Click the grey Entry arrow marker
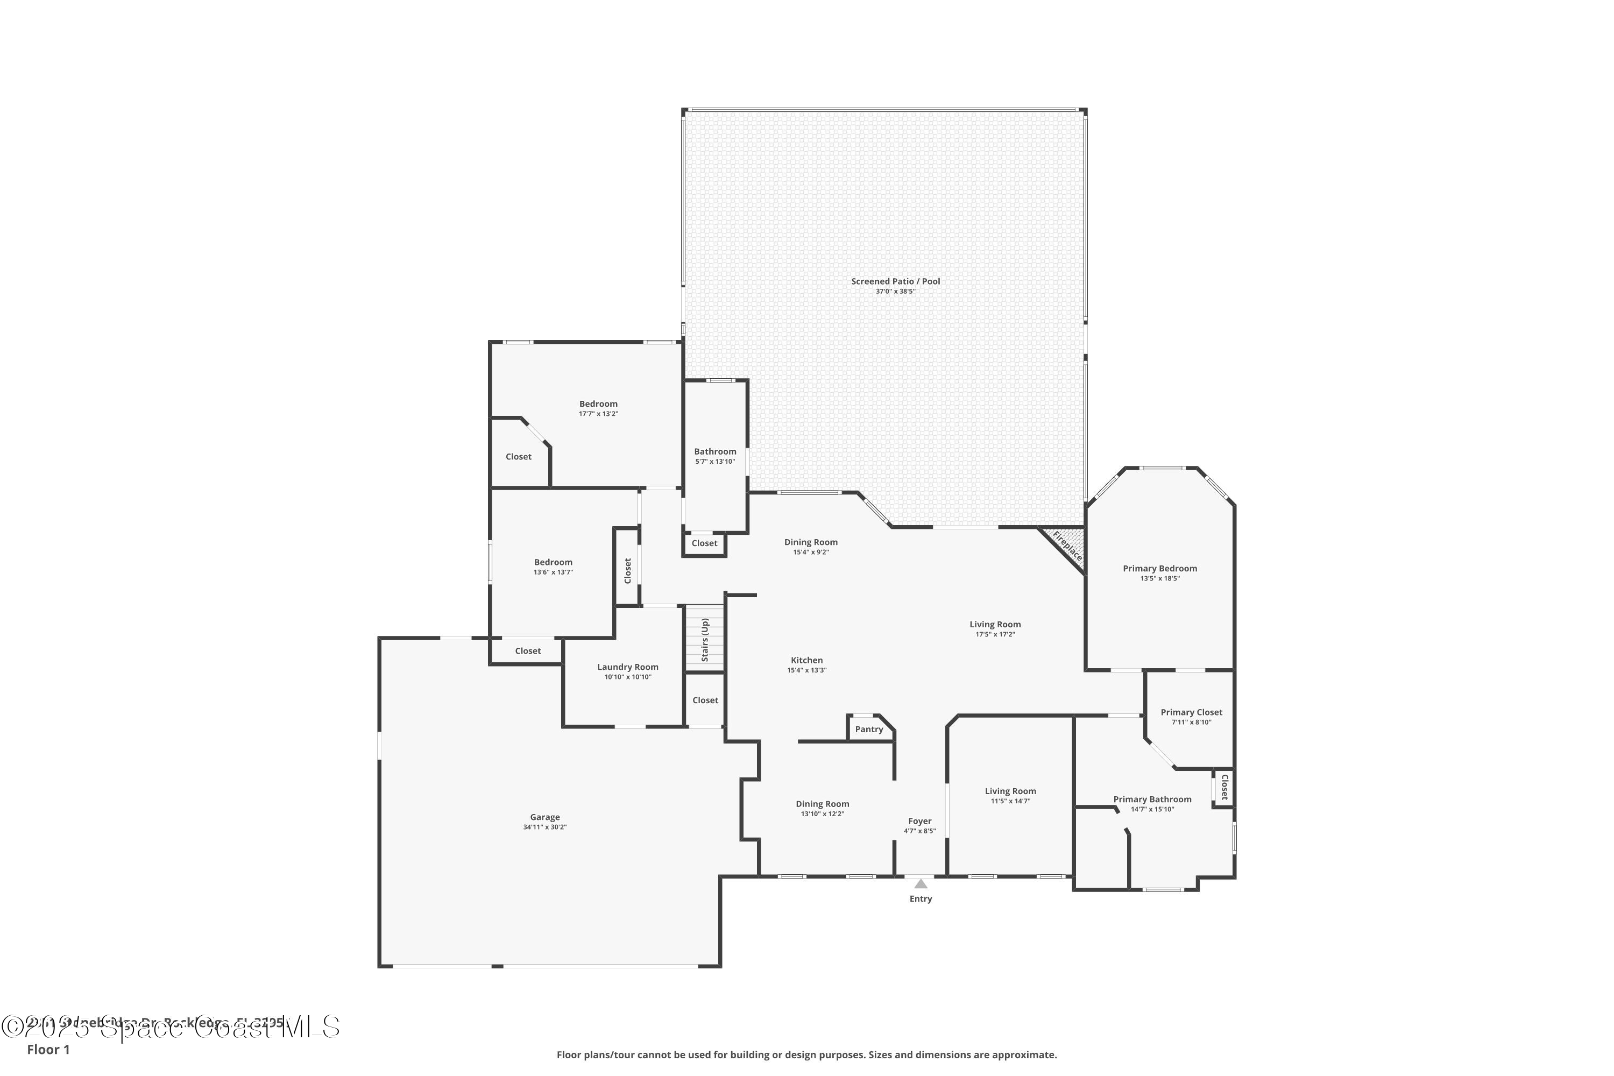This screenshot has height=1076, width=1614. pyautogui.click(x=920, y=884)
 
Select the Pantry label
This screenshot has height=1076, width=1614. pyautogui.click(x=869, y=730)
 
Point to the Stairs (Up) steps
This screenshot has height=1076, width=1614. pyautogui.click(x=705, y=640)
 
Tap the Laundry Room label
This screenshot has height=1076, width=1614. pyautogui.click(x=627, y=667)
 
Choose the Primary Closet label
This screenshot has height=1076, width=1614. pyautogui.click(x=1191, y=712)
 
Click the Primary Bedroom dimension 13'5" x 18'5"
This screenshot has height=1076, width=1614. pyautogui.click(x=1160, y=578)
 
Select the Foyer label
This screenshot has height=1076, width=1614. pyautogui.click(x=919, y=821)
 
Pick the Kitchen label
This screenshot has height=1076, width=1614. pyautogui.click(x=806, y=660)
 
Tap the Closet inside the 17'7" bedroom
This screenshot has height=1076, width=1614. pyautogui.click(x=518, y=457)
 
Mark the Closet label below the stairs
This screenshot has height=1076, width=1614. pyautogui.click(x=705, y=700)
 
